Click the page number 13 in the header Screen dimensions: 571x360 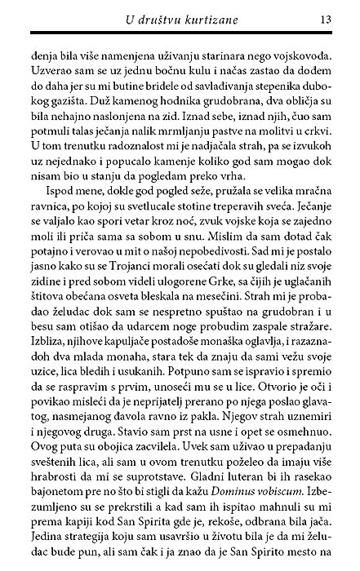click(x=324, y=18)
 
